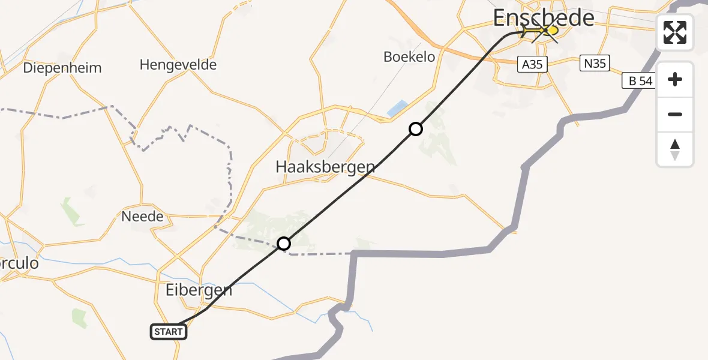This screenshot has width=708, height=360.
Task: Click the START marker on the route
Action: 168,332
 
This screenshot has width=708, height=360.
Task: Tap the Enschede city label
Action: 544,18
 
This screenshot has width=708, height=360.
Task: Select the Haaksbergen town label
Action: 325,167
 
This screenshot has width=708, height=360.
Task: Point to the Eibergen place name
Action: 198,290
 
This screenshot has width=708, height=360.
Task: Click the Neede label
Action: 142,216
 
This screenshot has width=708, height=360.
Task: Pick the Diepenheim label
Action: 62,68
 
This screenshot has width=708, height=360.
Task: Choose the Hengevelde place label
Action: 178,64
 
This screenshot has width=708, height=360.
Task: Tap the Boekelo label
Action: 409,57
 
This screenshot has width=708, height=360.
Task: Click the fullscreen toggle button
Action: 675,32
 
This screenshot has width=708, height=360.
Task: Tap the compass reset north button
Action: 675,149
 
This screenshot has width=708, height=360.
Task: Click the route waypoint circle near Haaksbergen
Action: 415,129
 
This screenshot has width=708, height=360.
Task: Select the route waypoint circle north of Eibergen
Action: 284,244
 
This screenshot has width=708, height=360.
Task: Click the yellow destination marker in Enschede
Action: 550,29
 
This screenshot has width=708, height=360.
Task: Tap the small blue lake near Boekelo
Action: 396,109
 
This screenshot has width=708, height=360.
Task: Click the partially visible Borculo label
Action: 19,263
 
